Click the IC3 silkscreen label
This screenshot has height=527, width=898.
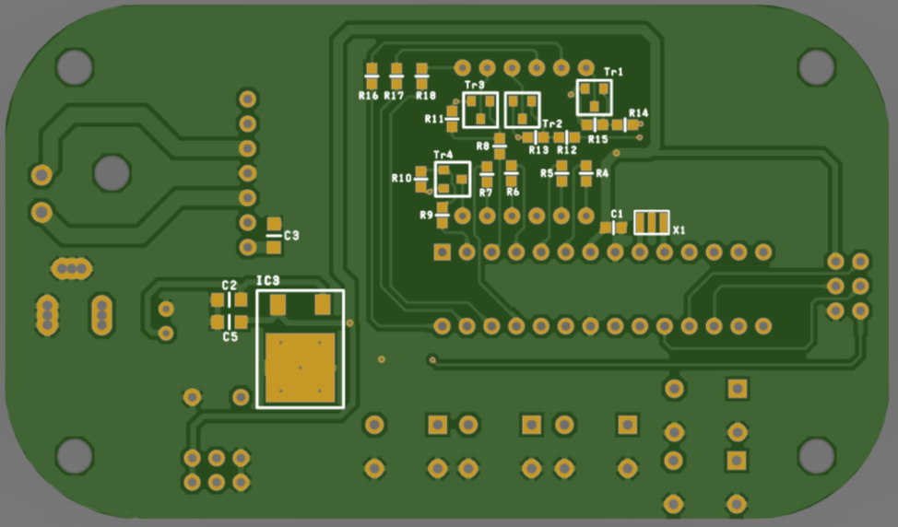tap(267, 280)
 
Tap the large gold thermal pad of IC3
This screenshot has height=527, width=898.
tap(300, 368)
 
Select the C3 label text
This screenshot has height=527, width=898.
tap(291, 235)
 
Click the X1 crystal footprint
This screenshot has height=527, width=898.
tap(652, 223)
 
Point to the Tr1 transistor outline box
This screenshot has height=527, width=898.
tap(595, 98)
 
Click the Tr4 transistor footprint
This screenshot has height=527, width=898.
tap(453, 179)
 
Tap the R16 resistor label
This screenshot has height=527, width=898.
tap(368, 96)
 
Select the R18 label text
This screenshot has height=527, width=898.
tap(426, 96)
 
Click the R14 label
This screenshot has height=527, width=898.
tap(639, 112)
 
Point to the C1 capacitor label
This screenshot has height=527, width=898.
tap(617, 214)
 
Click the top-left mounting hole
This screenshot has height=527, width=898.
tap(75, 67)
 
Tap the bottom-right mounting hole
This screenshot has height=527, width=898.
tap(816, 455)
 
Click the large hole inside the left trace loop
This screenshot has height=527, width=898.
tap(112, 173)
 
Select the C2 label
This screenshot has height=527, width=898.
tap(229, 285)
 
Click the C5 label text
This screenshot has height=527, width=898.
tap(230, 337)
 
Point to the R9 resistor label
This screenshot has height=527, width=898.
tap(426, 216)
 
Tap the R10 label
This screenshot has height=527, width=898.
tap(401, 179)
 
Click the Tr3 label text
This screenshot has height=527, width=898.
tap(474, 86)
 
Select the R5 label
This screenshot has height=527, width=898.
tap(547, 173)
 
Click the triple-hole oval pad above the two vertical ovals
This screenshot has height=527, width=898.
tap(72, 268)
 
